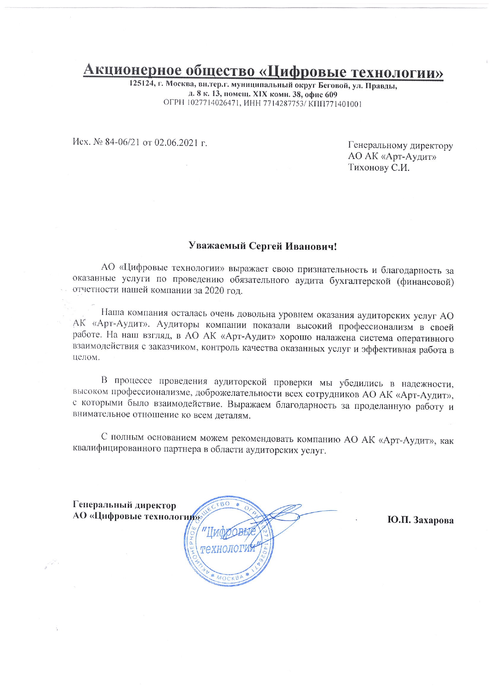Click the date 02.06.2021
click(175, 142)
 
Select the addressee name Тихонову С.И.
click(379, 168)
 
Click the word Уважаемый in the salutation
click(217, 246)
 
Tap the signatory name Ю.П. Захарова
click(420, 520)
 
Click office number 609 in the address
click(331, 94)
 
